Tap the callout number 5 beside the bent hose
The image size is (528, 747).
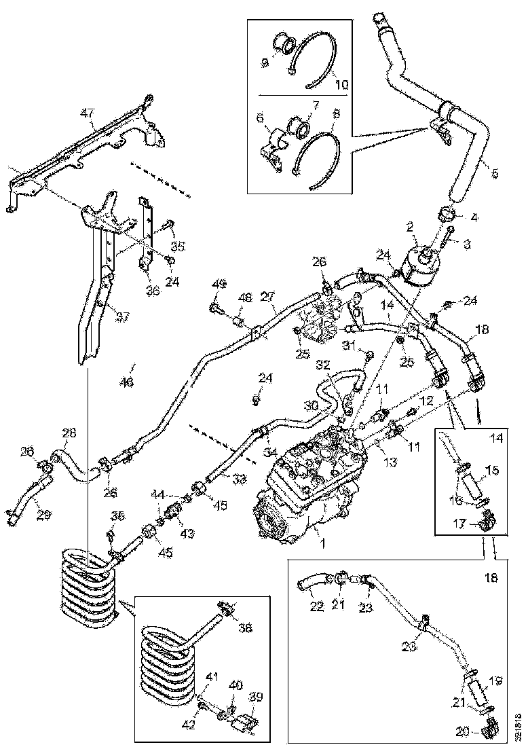pyautogui.click(x=494, y=175)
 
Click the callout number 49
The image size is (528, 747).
pyautogui.click(x=219, y=285)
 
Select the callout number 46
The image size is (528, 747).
pyautogui.click(x=127, y=382)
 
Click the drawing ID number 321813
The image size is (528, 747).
pyautogui.click(x=520, y=726)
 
